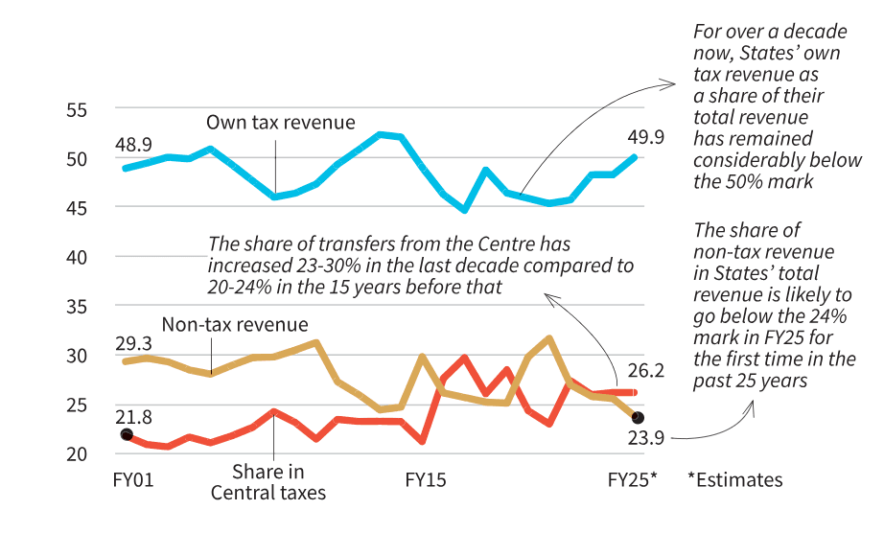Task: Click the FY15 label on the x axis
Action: [x=425, y=479]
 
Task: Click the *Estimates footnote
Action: [x=734, y=479]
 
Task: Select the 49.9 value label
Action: [x=644, y=137]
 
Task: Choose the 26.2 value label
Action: [x=644, y=369]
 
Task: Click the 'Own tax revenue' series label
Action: [x=281, y=123]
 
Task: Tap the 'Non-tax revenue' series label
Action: [x=235, y=324]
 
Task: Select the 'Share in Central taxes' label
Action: [x=268, y=482]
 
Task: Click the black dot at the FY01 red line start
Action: [x=127, y=434]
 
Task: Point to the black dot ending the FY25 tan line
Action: [x=638, y=418]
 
